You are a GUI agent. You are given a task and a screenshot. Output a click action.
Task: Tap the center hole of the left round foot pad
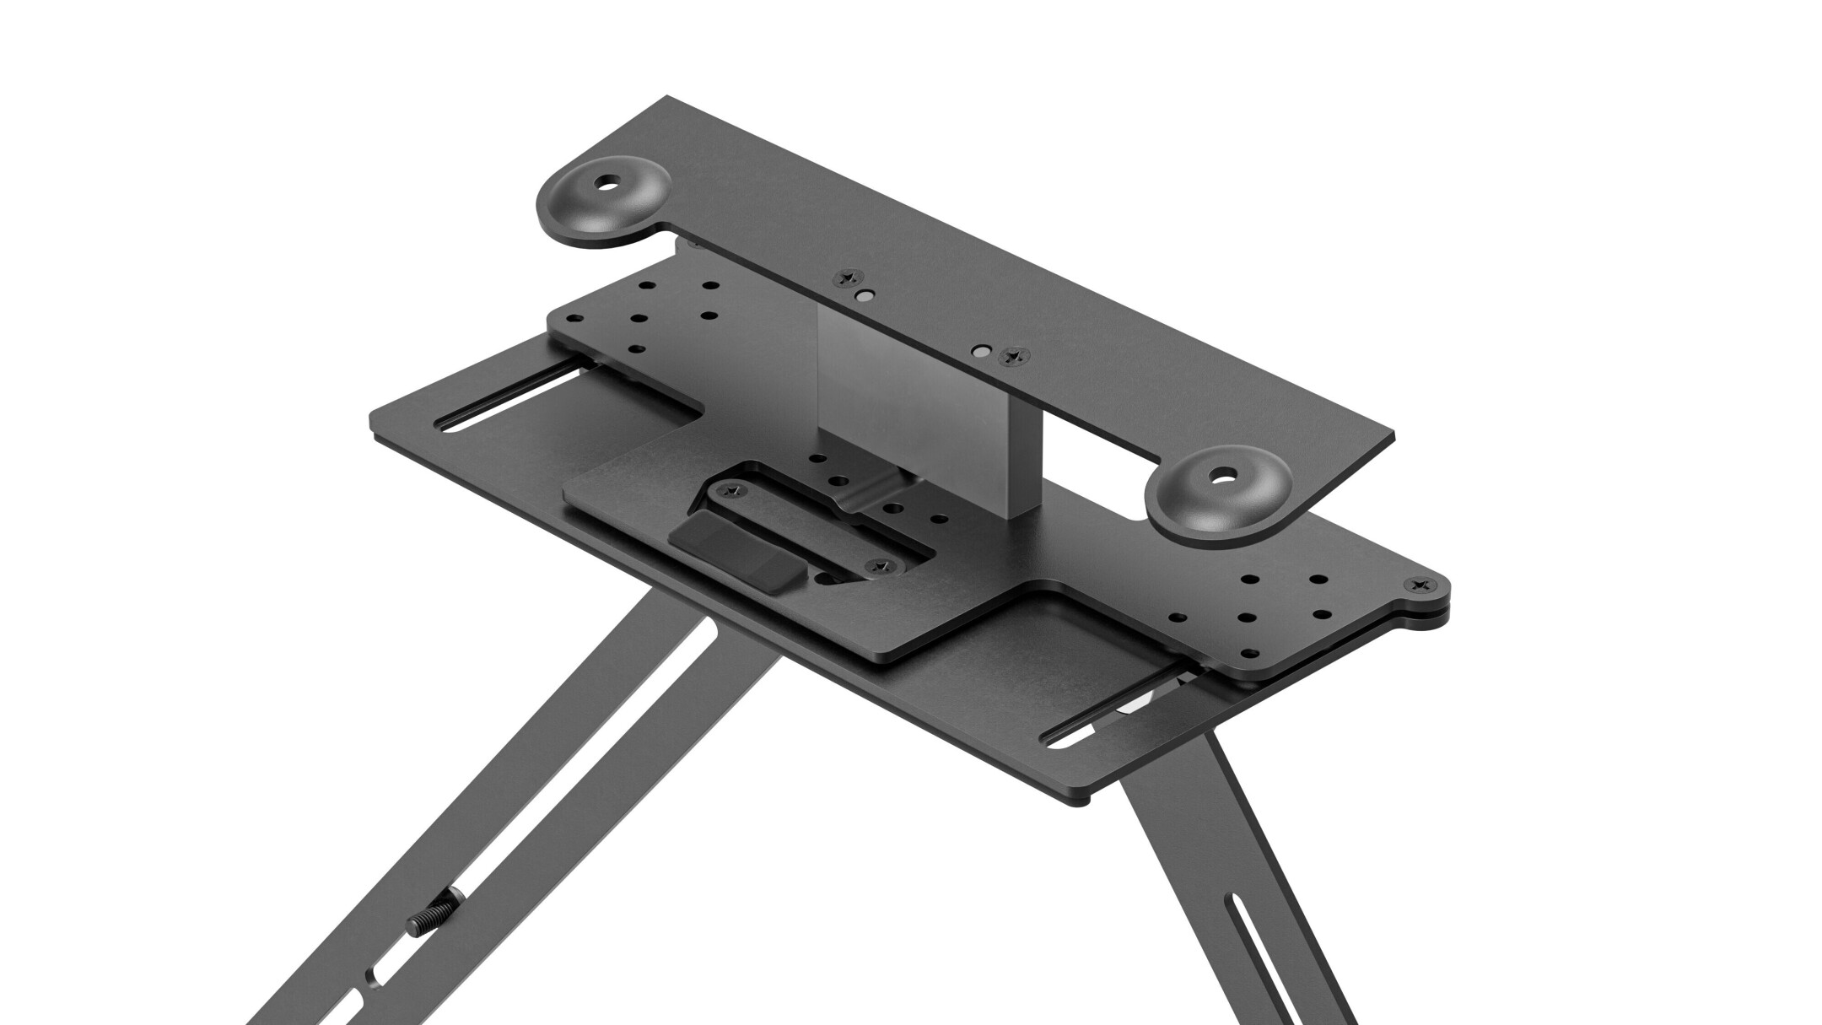click(606, 183)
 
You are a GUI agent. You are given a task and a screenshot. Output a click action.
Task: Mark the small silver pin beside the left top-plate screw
click(865, 296)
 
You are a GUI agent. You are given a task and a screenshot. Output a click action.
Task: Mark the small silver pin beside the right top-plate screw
click(980, 348)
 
